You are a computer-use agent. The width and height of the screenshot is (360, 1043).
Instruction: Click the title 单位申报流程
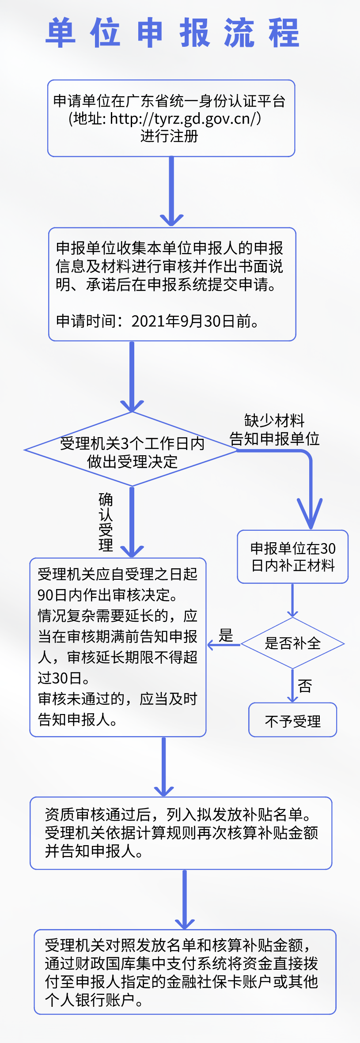pyautogui.click(x=172, y=33)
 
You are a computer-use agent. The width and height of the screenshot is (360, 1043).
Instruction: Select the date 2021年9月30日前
pyautogui.click(x=194, y=321)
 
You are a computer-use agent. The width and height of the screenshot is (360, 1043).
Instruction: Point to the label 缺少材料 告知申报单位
pyautogui.click(x=274, y=430)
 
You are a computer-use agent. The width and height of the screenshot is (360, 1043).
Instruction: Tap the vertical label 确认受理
pyautogui.click(x=106, y=522)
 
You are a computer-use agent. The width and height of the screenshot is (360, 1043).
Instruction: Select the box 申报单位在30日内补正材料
pyautogui.click(x=293, y=557)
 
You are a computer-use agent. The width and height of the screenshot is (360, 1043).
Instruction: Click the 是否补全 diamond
pyautogui.click(x=292, y=643)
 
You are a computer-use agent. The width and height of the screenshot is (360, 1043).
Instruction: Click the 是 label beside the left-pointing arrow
pyautogui.click(x=226, y=635)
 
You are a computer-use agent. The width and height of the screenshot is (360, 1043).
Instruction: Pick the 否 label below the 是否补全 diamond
pyautogui.click(x=305, y=686)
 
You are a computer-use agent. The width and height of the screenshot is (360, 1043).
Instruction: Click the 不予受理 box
pyautogui.click(x=292, y=721)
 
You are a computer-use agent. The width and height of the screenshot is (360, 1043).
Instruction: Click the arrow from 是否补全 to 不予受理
pyautogui.click(x=292, y=686)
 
